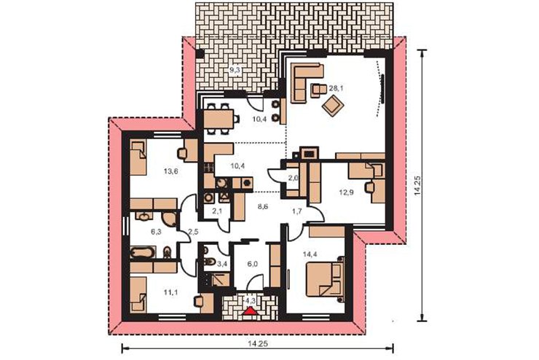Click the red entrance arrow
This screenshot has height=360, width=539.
[251, 311]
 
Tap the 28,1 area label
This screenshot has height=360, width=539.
[337, 88]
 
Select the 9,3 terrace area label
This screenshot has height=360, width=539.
[235, 70]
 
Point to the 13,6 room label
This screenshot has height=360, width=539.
[170, 171]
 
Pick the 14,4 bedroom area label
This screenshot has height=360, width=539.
[310, 254]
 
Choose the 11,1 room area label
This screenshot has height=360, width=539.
[170, 292]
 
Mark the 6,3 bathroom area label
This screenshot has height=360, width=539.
[156, 232]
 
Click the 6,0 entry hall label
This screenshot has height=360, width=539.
[252, 264]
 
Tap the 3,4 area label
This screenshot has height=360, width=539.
[223, 264]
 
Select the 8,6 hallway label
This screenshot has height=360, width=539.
[263, 207]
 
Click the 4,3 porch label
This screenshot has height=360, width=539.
[251, 300]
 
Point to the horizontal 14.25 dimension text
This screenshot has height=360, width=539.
[258, 343]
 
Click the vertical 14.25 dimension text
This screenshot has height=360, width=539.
[417, 186]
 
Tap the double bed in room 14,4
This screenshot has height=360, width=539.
[325, 279]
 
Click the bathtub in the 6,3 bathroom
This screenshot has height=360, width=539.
[141, 253]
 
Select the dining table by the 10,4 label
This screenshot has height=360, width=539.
[219, 119]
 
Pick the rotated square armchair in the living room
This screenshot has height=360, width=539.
[332, 106]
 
